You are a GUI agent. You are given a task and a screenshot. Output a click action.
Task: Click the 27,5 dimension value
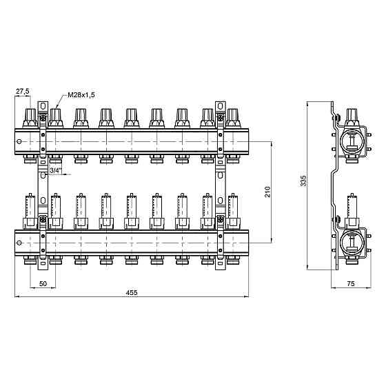pyautogui.click(x=23, y=91)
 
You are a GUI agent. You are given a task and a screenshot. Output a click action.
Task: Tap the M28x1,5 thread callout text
pyautogui.click(x=81, y=95)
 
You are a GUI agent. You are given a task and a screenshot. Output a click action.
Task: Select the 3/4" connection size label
pyautogui.click(x=56, y=170)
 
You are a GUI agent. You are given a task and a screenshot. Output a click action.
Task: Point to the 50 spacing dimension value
pyautogui.click(x=43, y=283)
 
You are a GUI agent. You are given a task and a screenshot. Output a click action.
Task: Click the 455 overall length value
pyautogui.click(x=132, y=293)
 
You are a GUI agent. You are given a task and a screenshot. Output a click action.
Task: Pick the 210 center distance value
pyautogui.click(x=267, y=192)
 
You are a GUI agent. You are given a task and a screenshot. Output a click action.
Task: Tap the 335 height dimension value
pyautogui.click(x=303, y=181)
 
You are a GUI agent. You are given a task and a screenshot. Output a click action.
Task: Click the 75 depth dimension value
pyautogui.click(x=351, y=283)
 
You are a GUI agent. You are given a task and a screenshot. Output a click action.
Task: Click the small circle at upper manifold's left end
pyautogui.click(x=19, y=141)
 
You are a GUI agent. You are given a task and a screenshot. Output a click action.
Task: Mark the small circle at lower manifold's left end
pyautogui.click(x=19, y=243)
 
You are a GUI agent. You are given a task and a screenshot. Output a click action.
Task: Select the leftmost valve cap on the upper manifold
pyautogui.click(x=30, y=118)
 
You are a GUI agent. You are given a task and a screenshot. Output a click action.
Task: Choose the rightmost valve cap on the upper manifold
pyautogui.click(x=233, y=118)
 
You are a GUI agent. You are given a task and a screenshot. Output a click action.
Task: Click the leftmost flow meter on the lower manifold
pyautogui.click(x=30, y=211)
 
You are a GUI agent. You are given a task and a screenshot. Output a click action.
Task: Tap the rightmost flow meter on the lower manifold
pyautogui.click(x=233, y=211)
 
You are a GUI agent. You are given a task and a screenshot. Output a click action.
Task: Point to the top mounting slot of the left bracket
pyautogui.click(x=43, y=106)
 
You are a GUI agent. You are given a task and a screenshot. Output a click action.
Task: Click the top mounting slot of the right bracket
pyautogui.click(x=221, y=106)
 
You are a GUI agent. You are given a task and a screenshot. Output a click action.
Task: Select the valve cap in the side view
pyautogui.click(x=352, y=118)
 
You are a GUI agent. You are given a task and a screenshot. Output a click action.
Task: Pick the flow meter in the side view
pyautogui.click(x=352, y=211)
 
